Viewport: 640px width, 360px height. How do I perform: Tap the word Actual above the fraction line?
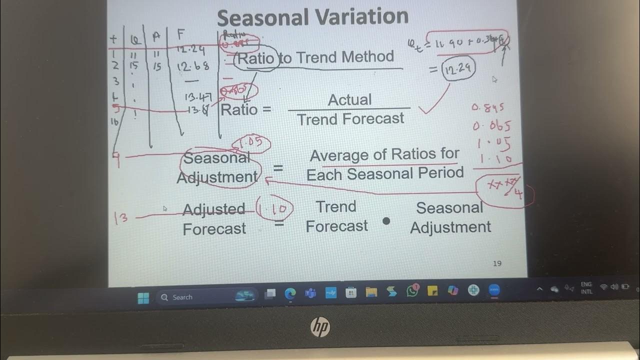[x=349, y=99]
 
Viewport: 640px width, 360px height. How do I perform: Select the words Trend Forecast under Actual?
[x=350, y=119]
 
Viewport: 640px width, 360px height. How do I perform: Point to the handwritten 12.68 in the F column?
[x=192, y=66]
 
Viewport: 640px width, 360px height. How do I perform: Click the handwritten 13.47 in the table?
[x=198, y=96]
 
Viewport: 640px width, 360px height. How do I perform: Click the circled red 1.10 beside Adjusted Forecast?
[x=274, y=207]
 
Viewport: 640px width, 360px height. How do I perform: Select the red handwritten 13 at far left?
[x=120, y=218]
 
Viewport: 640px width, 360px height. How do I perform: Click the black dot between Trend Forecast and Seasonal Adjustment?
[x=386, y=220]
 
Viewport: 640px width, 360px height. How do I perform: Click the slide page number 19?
[x=497, y=263]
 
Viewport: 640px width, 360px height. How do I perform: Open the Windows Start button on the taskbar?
[x=143, y=297]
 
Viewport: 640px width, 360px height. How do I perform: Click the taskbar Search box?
[x=182, y=297]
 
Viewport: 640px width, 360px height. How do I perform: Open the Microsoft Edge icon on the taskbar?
[x=290, y=293]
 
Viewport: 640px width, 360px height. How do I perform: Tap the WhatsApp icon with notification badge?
[x=412, y=291]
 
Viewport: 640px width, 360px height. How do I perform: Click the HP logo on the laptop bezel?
[x=320, y=327]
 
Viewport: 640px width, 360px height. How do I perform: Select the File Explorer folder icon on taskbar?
[x=371, y=292]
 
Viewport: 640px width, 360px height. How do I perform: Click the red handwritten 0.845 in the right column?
[x=488, y=107]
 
